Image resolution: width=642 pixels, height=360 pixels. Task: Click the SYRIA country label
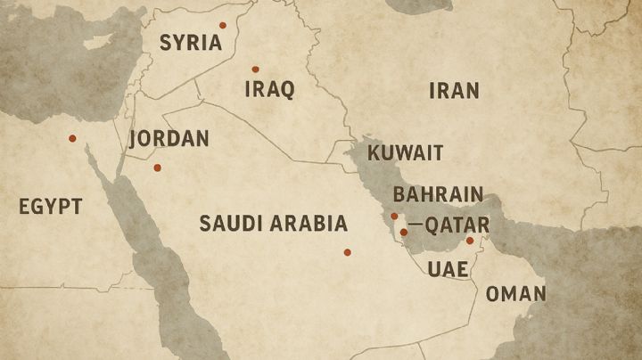190,42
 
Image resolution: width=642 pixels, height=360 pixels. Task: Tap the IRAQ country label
269,90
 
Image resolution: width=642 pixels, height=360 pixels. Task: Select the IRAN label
454,90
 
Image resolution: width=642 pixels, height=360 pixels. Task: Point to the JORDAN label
169,139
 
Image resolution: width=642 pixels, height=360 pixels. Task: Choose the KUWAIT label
405,152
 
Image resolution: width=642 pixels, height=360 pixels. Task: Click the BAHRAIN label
438,194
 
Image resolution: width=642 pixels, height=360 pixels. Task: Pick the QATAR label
457,225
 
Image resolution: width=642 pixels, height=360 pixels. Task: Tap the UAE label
448,269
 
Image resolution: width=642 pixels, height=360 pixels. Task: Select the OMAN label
516,294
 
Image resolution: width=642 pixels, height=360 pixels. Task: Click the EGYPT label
50,207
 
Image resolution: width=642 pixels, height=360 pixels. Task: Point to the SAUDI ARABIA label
273,223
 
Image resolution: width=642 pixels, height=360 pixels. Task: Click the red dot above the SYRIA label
223,25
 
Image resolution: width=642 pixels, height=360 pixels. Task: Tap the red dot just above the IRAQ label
255,69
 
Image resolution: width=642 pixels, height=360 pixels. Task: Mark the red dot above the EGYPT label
72,138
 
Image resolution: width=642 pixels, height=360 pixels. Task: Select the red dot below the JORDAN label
158,168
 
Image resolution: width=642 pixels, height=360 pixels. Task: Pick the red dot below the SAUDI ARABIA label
347,252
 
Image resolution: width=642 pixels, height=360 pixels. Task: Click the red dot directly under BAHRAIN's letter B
394,216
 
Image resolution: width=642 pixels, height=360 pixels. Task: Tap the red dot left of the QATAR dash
404,233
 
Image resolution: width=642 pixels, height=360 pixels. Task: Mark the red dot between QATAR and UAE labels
470,241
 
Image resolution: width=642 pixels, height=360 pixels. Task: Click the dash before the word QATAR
415,225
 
